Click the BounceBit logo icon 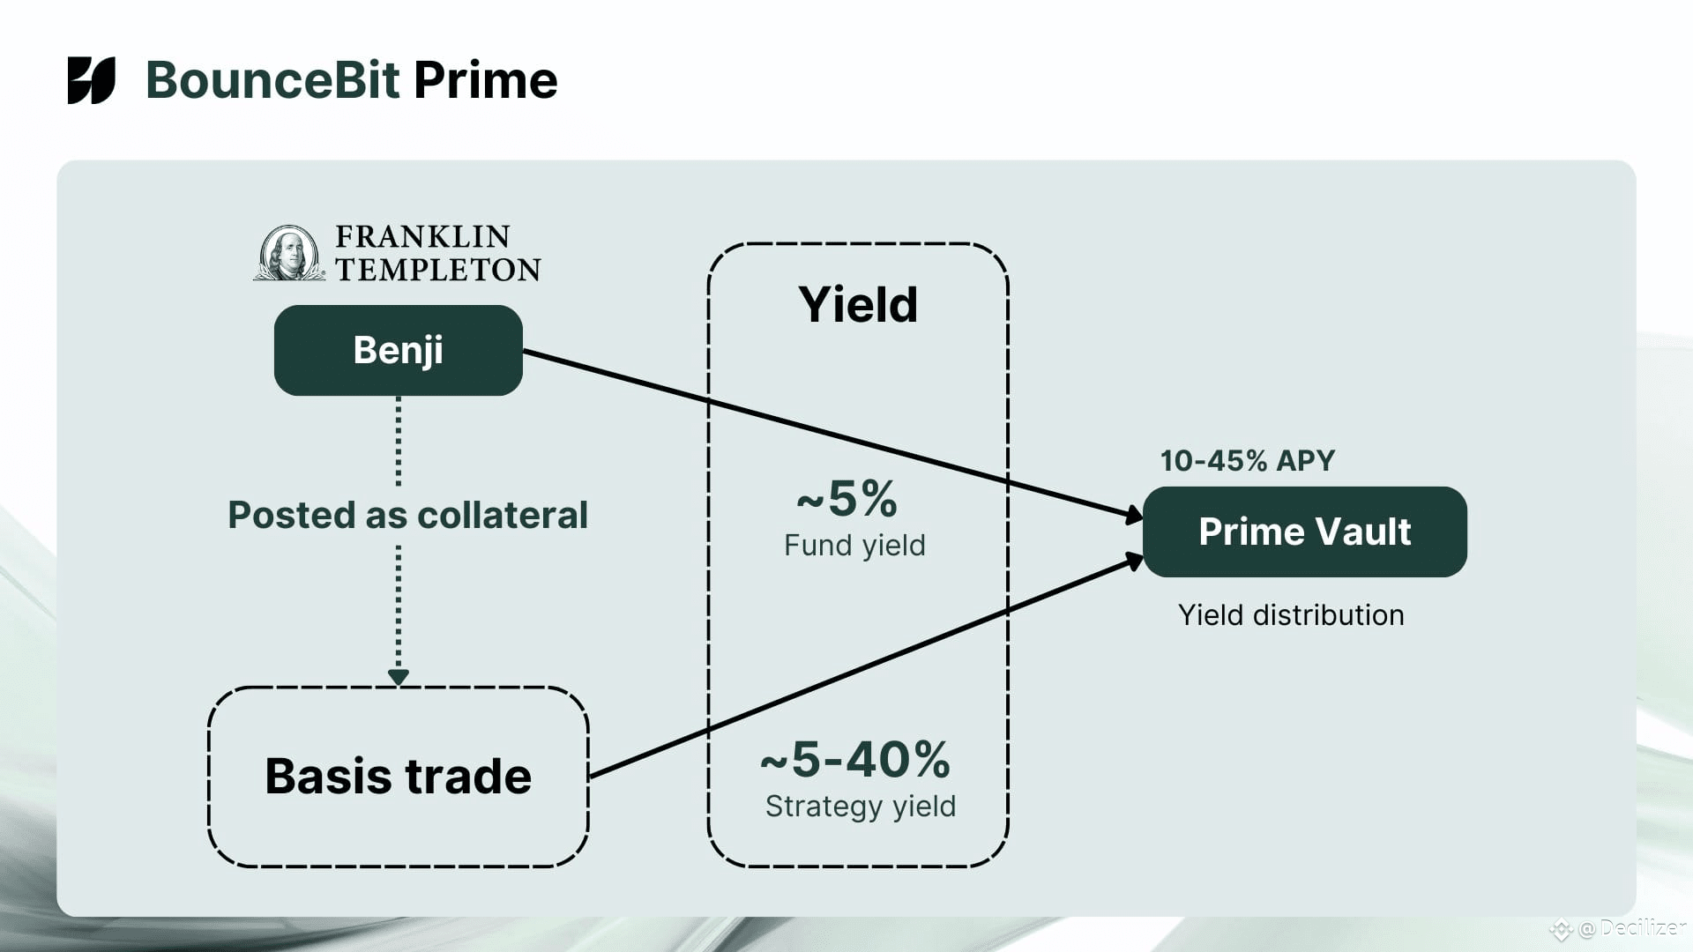tap(91, 80)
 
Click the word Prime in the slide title tap(485, 80)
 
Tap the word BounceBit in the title tap(272, 80)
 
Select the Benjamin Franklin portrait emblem tap(288, 253)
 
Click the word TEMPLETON tap(438, 270)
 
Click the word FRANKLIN tap(422, 236)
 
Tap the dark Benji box tap(398, 350)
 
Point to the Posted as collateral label tap(407, 515)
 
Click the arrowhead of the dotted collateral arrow tap(399, 677)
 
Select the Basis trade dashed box tap(398, 777)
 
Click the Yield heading tap(858, 305)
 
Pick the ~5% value tap(847, 499)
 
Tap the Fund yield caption tap(854, 546)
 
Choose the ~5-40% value tap(855, 759)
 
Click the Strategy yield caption tap(861, 807)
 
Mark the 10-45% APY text tap(1247, 460)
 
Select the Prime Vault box tap(1304, 532)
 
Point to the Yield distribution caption tap(1291, 615)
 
